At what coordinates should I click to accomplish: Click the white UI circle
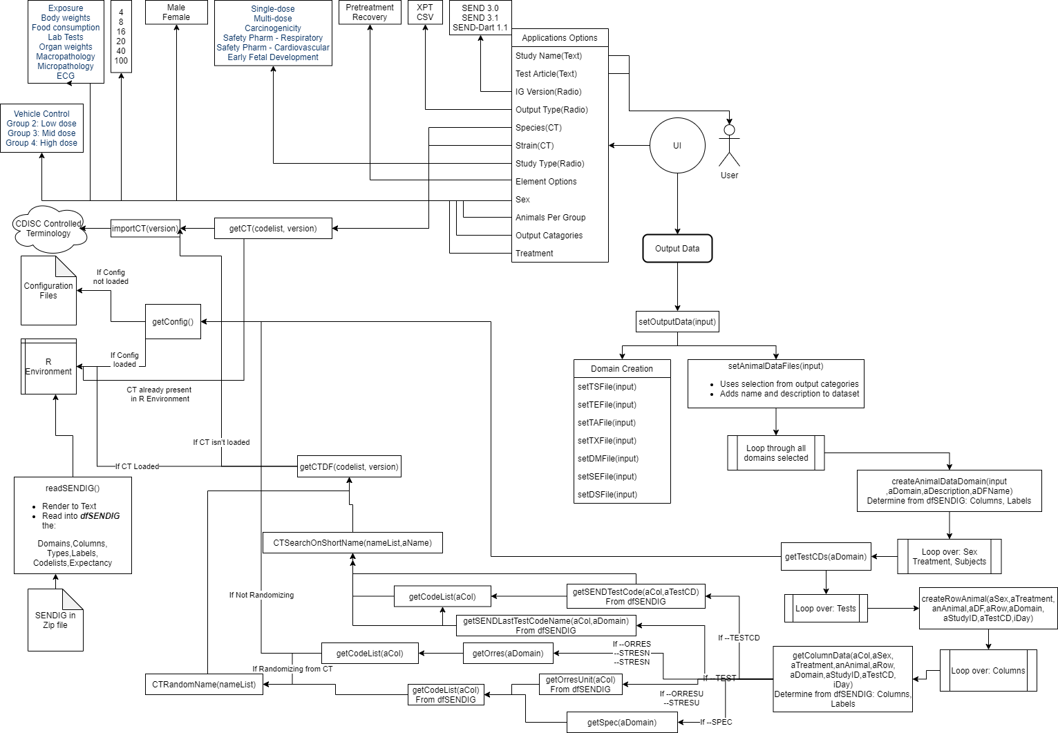click(677, 146)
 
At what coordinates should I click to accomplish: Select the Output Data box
click(677, 249)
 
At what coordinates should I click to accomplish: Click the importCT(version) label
click(145, 229)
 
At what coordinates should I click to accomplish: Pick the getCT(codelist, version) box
click(273, 229)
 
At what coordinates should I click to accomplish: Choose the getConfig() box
click(173, 322)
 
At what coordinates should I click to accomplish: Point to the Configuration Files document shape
click(48, 291)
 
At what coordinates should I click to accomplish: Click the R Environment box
click(48, 367)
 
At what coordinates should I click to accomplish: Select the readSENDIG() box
click(73, 526)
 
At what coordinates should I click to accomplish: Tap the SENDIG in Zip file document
click(55, 620)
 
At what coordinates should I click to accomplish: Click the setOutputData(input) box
click(677, 322)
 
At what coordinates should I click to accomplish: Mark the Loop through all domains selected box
click(776, 453)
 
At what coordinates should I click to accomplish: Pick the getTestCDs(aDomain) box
click(826, 557)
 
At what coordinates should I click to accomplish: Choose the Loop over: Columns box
click(988, 671)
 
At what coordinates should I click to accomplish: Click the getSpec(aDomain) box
click(622, 723)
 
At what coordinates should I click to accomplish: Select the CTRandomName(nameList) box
click(204, 685)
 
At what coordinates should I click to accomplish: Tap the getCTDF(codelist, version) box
click(349, 467)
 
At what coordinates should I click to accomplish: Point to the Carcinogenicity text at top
click(273, 28)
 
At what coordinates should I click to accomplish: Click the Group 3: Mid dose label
click(41, 133)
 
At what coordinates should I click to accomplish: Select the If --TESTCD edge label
click(739, 638)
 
